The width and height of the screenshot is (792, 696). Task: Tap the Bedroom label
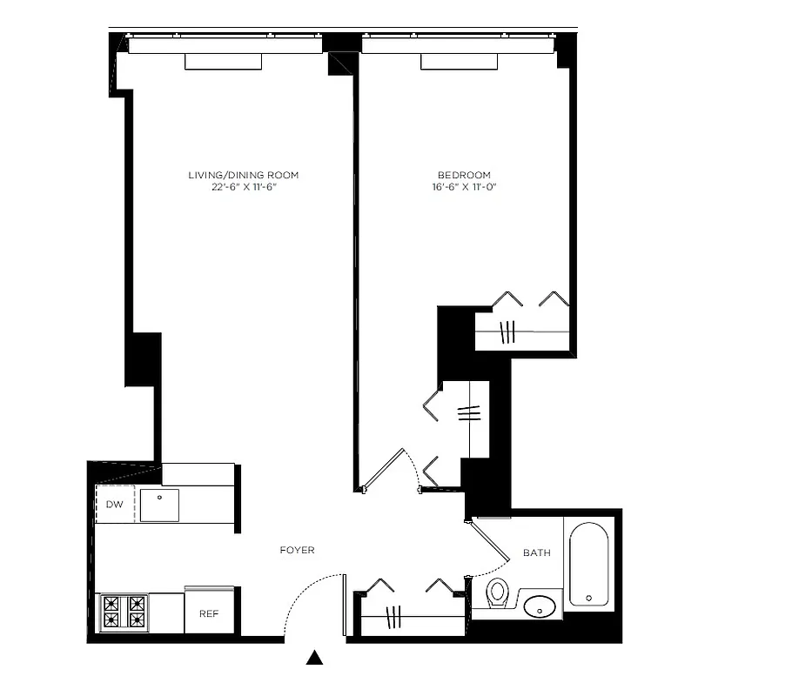click(463, 175)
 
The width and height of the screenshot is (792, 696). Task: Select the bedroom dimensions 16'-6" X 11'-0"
click(463, 187)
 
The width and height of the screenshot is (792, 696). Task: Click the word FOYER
click(297, 551)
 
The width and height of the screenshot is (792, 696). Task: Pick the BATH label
click(536, 553)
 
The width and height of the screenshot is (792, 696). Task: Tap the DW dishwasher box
click(115, 505)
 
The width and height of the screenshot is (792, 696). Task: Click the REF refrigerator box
click(209, 613)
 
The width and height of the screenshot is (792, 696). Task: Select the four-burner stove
click(123, 612)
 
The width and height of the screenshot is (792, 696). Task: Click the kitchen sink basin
click(159, 505)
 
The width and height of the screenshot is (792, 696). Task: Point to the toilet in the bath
click(498, 593)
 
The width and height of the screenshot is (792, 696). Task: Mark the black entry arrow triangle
click(315, 659)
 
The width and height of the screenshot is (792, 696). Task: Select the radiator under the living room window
click(223, 62)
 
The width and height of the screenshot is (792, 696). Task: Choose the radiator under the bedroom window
click(459, 62)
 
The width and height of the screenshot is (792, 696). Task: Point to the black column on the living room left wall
click(144, 359)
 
